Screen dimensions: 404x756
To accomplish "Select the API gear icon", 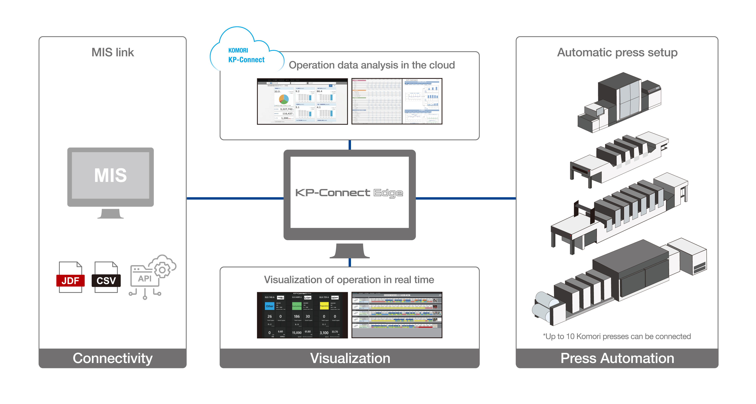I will [152, 276].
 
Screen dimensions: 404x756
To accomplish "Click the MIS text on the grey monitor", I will [110, 175].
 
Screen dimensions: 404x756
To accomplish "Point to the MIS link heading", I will [113, 53].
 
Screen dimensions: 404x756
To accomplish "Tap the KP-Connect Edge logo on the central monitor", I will [349, 193].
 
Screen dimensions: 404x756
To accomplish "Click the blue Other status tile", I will [269, 306].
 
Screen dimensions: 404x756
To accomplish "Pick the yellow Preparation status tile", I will [324, 306].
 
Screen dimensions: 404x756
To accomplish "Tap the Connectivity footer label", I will [113, 358].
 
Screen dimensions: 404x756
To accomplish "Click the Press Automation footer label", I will [617, 358].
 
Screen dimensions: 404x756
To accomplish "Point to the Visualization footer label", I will [350, 358].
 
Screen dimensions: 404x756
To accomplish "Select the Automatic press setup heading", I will [617, 53].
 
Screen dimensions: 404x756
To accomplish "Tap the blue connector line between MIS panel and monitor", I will [235, 199].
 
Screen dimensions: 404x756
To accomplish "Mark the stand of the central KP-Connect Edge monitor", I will [349, 251].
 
